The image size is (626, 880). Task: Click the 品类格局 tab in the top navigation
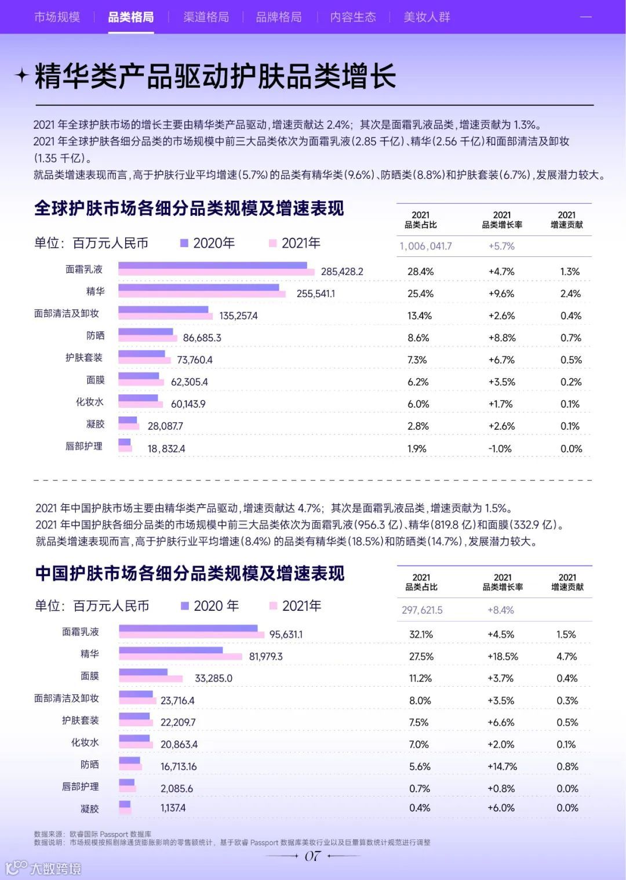[x=131, y=17]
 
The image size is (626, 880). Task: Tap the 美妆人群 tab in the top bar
[x=427, y=17]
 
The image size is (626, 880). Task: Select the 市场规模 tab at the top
[x=57, y=17]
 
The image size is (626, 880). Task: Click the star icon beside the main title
[x=21, y=75]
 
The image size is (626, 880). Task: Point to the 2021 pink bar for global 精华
[x=202, y=294]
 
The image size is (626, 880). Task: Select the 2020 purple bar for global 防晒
[x=145, y=332]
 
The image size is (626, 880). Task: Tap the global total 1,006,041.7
[x=425, y=246]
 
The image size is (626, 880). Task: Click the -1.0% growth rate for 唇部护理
[x=500, y=448]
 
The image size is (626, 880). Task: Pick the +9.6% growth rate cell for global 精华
[x=501, y=294]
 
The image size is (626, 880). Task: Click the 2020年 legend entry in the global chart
[x=207, y=243]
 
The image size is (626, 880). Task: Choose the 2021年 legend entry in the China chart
[x=295, y=606]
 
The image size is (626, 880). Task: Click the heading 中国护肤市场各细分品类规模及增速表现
[x=190, y=573]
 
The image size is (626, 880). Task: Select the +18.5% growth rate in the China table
[x=503, y=656]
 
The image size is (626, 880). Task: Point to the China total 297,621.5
[x=422, y=610]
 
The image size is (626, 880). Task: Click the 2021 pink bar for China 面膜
[x=151, y=679]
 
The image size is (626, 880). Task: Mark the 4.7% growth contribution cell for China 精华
[x=566, y=656]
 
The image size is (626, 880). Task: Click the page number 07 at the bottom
[x=312, y=856]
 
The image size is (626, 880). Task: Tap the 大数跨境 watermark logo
[x=43, y=868]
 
